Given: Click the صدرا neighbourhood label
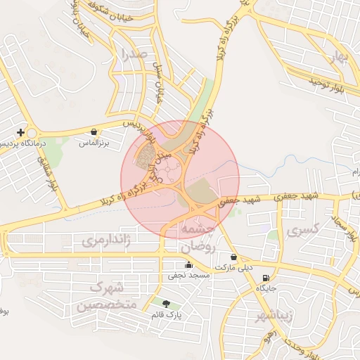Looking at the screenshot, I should tap(134, 53).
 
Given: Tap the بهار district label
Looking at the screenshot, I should tap(342, 57).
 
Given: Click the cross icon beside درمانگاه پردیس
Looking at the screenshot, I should tap(21, 132).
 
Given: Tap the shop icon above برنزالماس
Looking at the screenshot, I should tap(94, 131).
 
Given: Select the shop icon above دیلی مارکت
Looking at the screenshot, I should tap(233, 257).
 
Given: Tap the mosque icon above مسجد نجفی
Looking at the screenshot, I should tap(188, 265).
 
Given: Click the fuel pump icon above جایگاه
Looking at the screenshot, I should tap(265, 278).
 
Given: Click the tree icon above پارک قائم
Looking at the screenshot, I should tap(166, 304).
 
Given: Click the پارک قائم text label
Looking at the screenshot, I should tap(166, 315).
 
